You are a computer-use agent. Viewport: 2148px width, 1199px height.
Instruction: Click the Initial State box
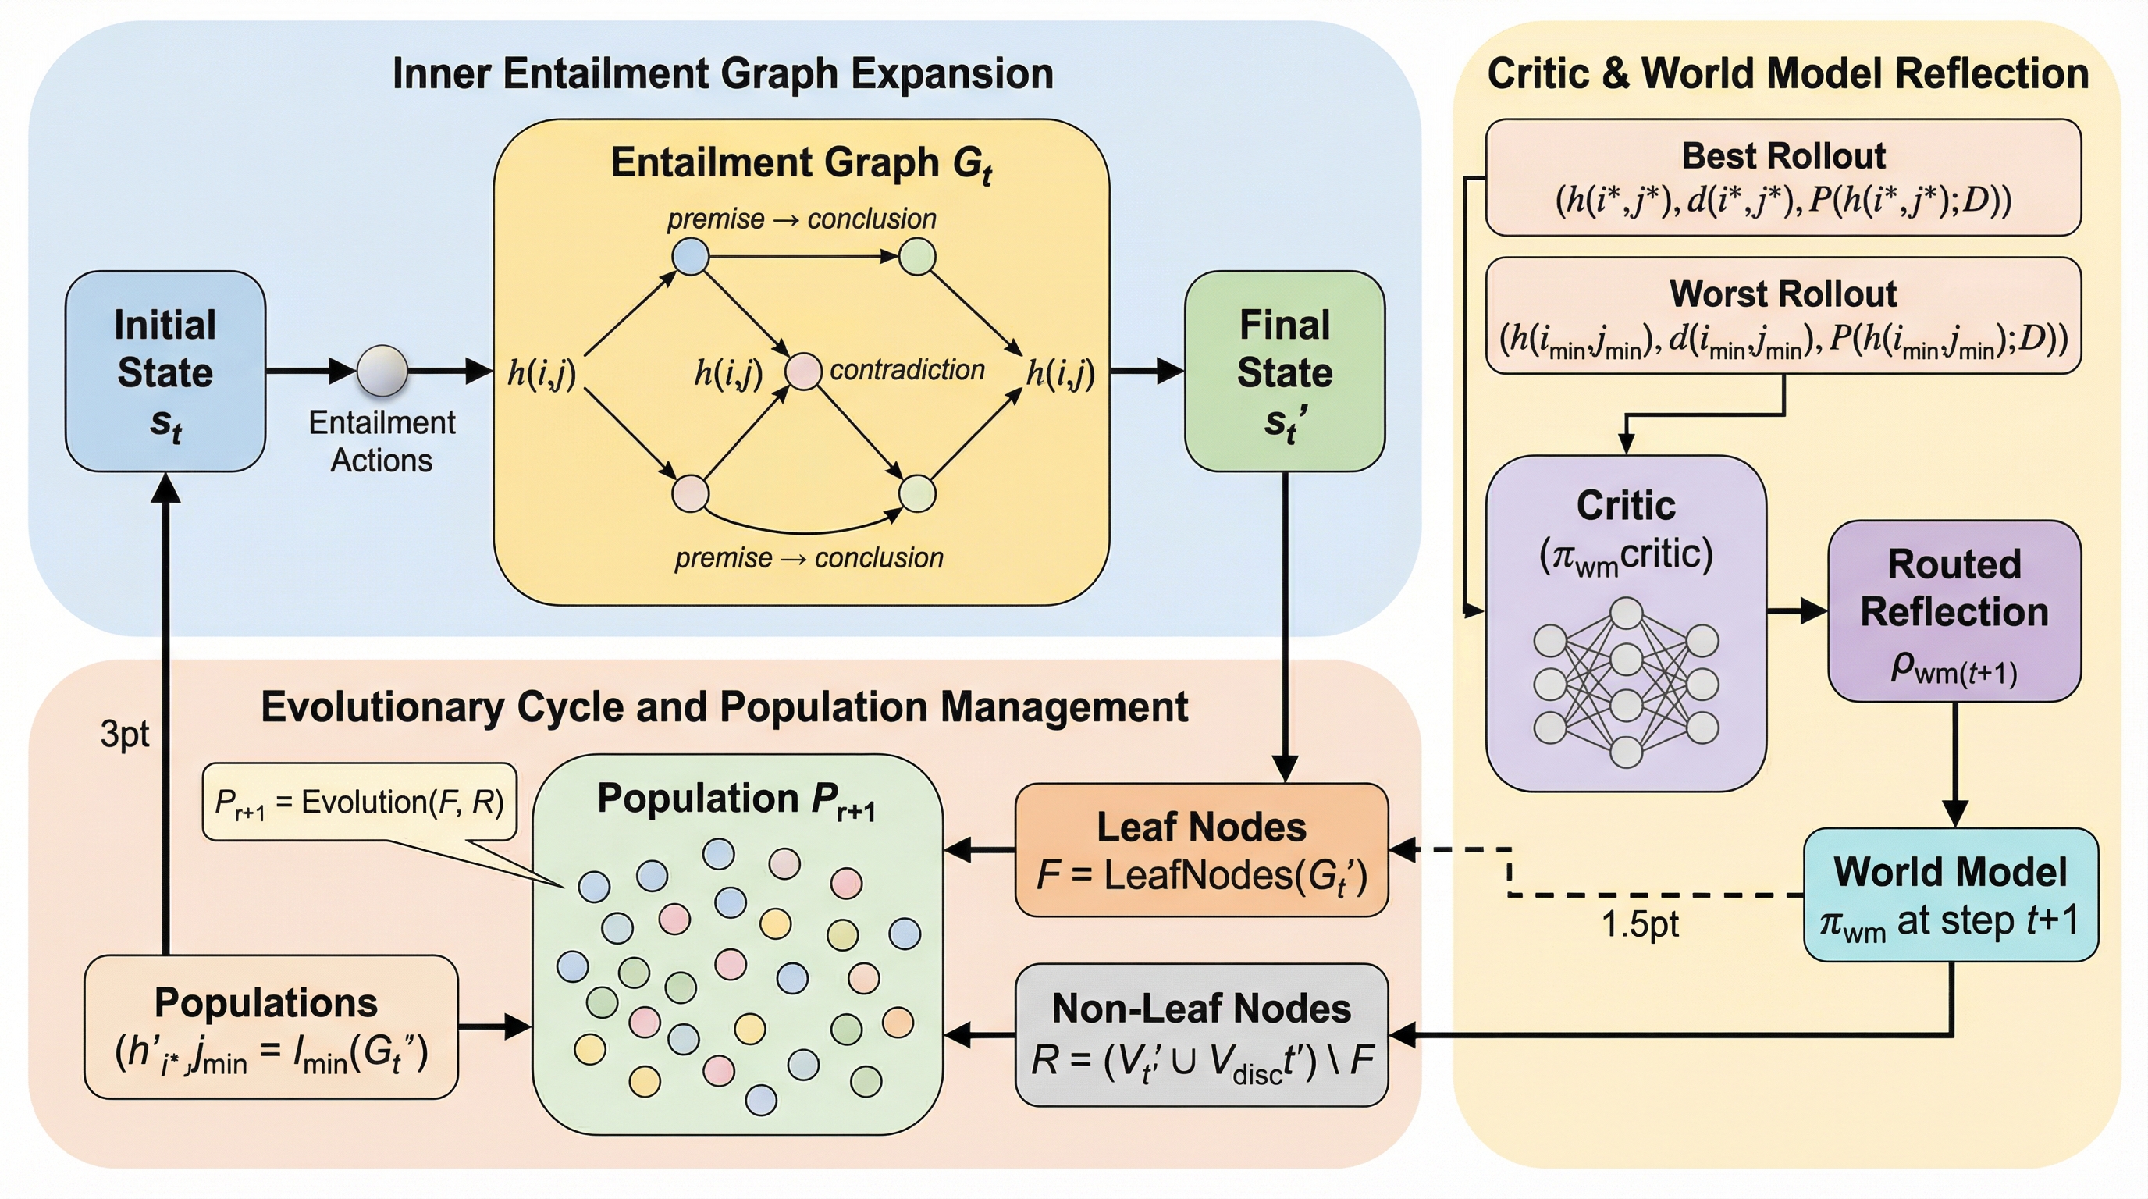[x=165, y=371]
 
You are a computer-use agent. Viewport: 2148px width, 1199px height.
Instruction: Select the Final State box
[x=1284, y=371]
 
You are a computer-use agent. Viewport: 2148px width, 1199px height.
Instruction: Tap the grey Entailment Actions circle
[x=382, y=370]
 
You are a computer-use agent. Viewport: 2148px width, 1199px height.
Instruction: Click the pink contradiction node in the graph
[x=804, y=371]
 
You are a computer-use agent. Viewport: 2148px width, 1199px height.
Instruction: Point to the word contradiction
[x=907, y=369]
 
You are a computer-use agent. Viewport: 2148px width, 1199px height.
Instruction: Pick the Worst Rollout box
[x=1783, y=315]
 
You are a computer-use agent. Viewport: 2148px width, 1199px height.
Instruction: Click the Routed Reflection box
[x=1954, y=611]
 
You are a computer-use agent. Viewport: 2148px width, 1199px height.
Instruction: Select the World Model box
[x=1951, y=895]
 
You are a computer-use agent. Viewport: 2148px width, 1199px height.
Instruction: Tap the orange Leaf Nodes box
[x=1201, y=849]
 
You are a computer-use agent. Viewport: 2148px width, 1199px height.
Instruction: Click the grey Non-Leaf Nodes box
[x=1201, y=1035]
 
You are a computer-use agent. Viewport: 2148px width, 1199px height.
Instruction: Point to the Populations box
[x=270, y=1026]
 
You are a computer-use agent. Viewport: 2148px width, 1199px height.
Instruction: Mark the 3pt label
[x=124, y=735]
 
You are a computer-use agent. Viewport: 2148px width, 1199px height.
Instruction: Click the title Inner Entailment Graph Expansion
[x=723, y=73]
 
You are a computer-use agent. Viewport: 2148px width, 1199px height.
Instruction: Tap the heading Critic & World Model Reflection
[x=1787, y=73]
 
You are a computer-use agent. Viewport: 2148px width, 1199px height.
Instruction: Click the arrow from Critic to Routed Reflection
[x=1797, y=611]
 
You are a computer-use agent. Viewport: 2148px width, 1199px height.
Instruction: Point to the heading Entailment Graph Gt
[x=802, y=163]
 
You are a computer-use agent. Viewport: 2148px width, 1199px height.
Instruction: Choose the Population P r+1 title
[x=736, y=800]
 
